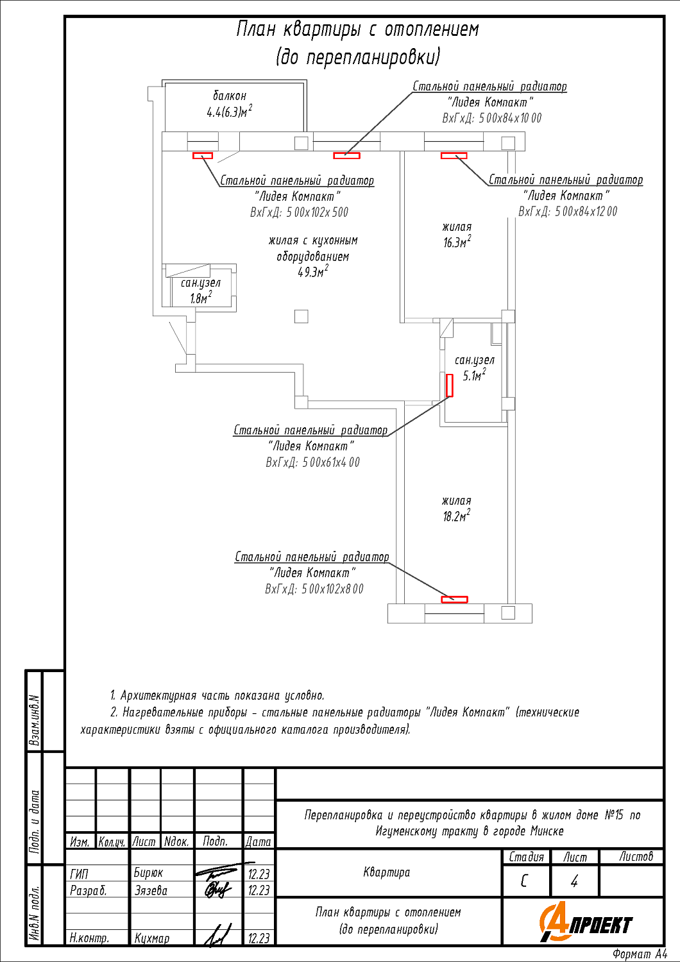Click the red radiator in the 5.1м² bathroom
tap(450, 385)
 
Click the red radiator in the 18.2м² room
tap(454, 600)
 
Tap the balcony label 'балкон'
tap(230, 96)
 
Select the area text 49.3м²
tap(312, 272)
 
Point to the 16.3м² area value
tap(457, 242)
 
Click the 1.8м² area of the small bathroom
tap(201, 298)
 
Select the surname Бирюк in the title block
tap(148, 873)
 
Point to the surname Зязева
tap(151, 890)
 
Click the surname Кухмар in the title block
tap(152, 938)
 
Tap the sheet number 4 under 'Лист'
tap(574, 881)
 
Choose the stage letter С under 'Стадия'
tap(525, 881)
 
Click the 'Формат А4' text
tap(639, 954)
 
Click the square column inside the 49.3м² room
tap(301, 316)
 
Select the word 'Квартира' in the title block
tap(386, 872)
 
